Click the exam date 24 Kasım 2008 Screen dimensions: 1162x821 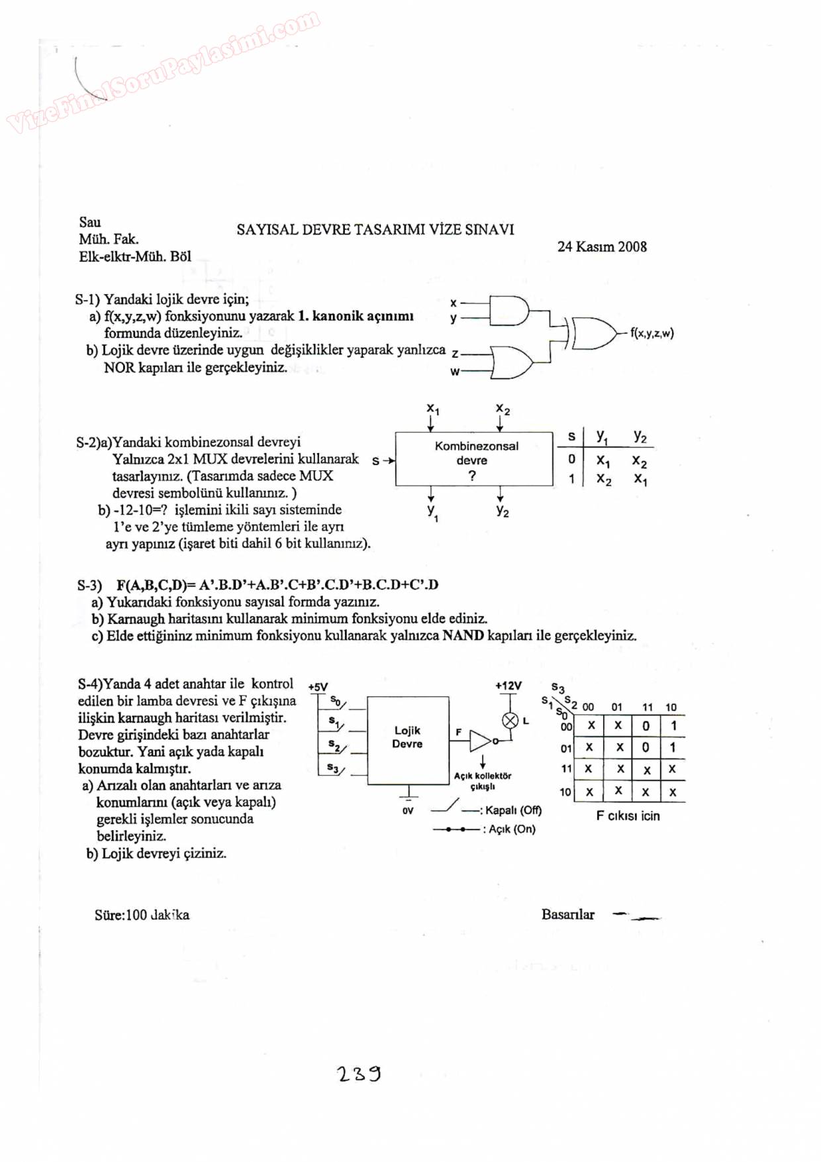click(602, 247)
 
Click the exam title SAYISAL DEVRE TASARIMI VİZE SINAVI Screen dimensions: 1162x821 click(375, 230)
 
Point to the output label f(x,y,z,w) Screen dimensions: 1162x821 click(652, 333)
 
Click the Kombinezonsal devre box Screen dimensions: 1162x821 click(473, 459)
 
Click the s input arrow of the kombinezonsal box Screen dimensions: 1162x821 click(383, 460)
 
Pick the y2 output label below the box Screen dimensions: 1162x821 click(503, 511)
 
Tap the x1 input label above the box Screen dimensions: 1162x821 click(432, 408)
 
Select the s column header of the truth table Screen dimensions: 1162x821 click(571, 437)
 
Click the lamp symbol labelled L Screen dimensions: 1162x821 click(510, 721)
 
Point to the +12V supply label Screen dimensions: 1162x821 click(508, 686)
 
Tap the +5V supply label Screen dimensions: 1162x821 click(318, 687)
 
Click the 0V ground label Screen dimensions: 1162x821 click(408, 810)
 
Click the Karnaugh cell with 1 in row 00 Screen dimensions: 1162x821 click(673, 725)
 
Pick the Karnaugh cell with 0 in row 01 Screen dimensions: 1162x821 click(646, 747)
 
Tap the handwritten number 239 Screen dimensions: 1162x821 click(359, 1073)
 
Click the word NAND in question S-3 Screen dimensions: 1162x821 click(463, 636)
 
